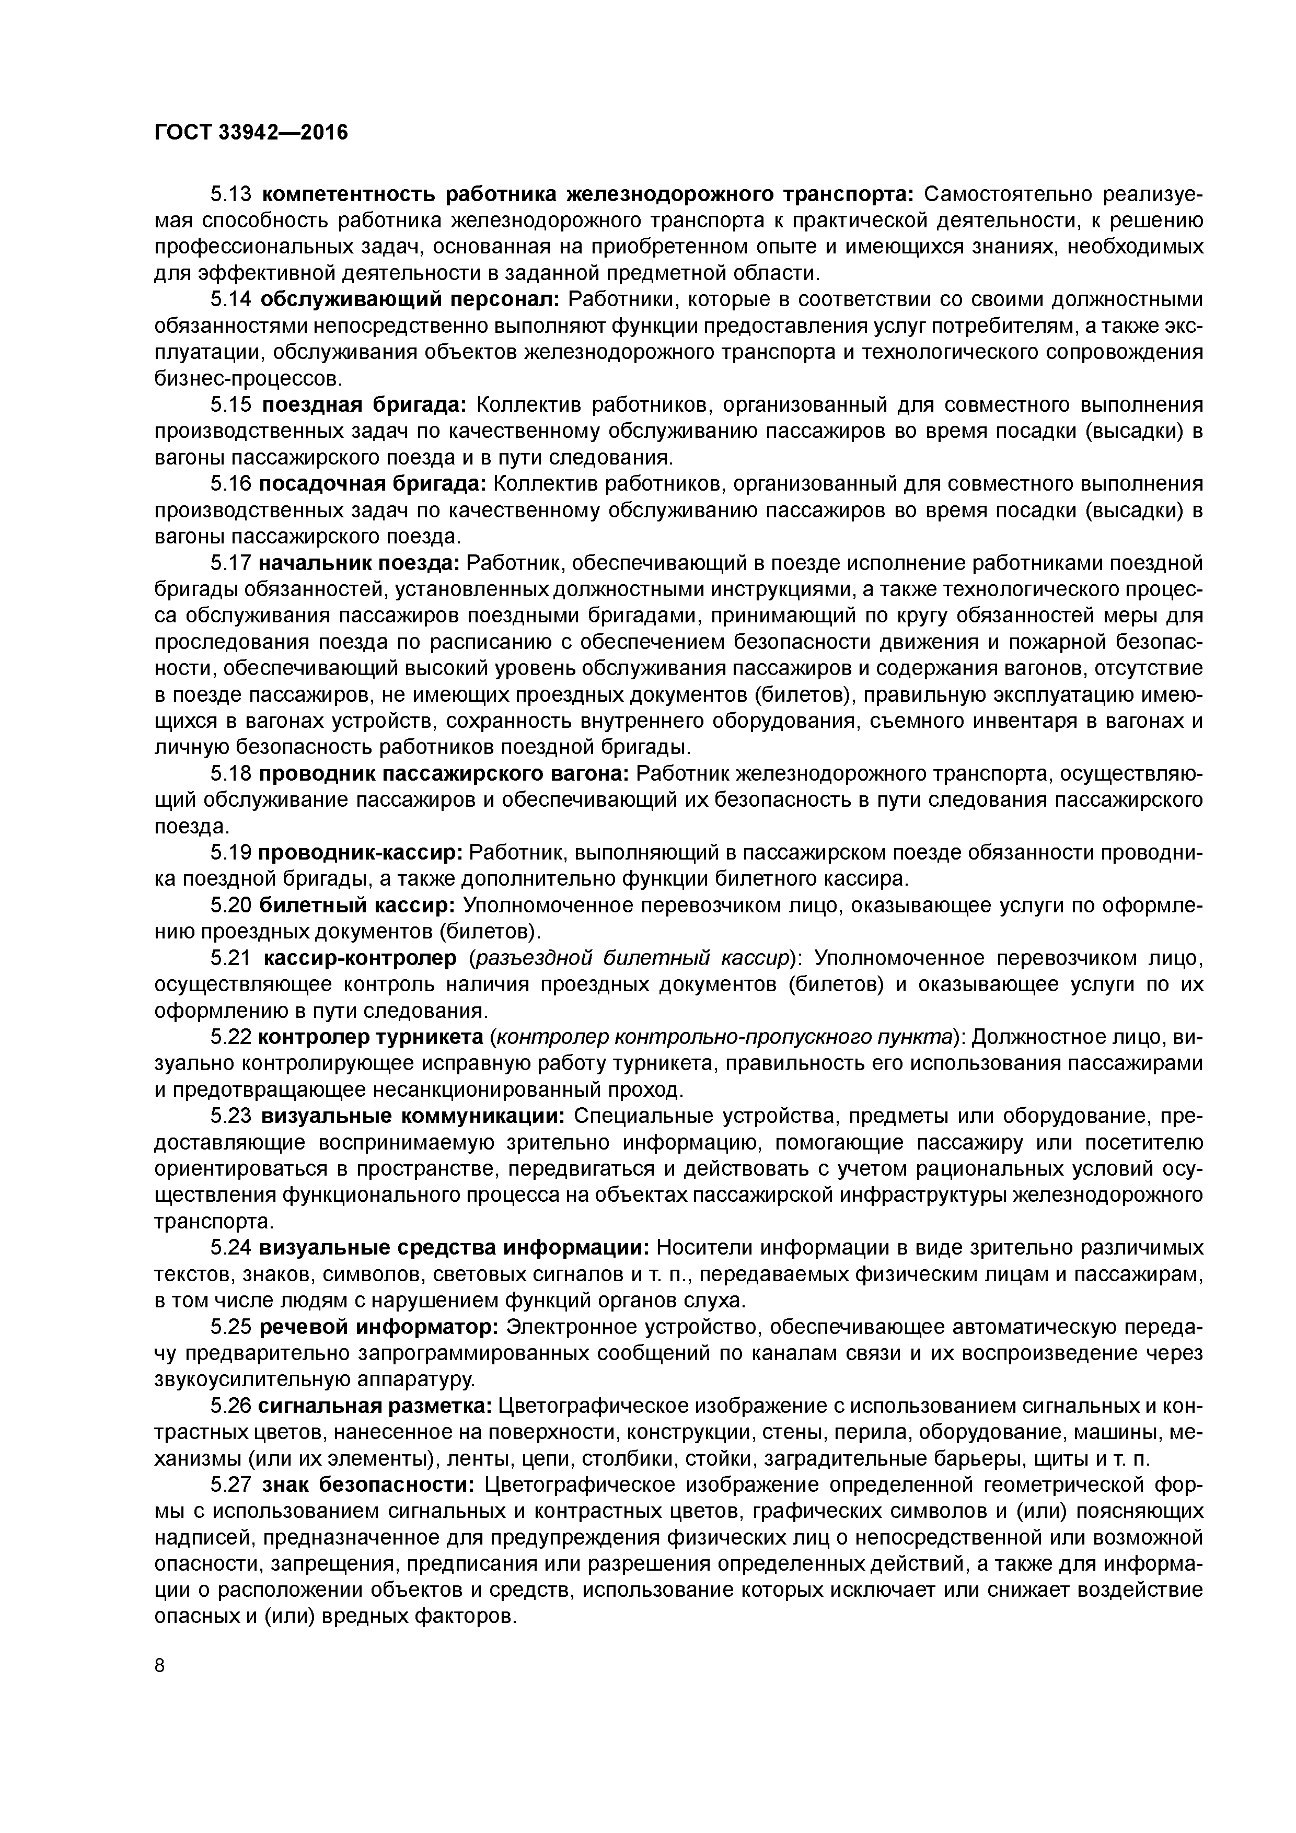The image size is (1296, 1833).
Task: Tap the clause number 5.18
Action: pos(231,774)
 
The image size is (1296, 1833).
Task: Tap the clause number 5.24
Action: pos(231,1248)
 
